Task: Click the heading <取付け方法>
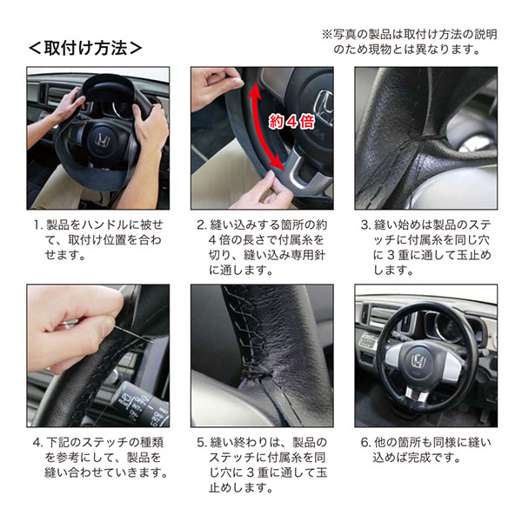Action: [85, 49]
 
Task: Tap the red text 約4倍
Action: [291, 122]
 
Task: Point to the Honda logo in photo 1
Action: [102, 140]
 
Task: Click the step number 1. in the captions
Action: [38, 225]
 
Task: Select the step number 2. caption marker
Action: [202, 225]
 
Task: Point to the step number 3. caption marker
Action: [365, 225]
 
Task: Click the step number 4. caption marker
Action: [38, 443]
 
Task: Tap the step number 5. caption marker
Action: [202, 443]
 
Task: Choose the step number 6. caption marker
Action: [365, 443]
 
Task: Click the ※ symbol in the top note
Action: [327, 34]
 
